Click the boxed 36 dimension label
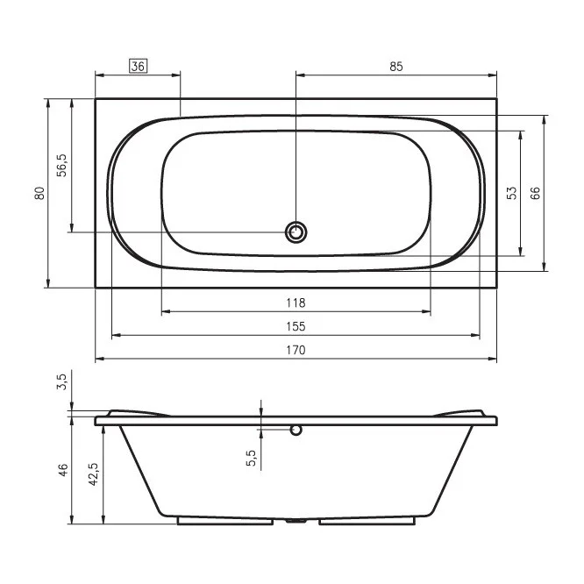(139, 67)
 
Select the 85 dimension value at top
(396, 67)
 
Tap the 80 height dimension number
(39, 193)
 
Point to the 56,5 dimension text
(62, 165)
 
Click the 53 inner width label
(512, 193)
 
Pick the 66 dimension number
(535, 193)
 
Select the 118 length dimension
(296, 303)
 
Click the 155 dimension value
(296, 327)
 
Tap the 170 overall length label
(296, 350)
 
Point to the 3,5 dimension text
(62, 381)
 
